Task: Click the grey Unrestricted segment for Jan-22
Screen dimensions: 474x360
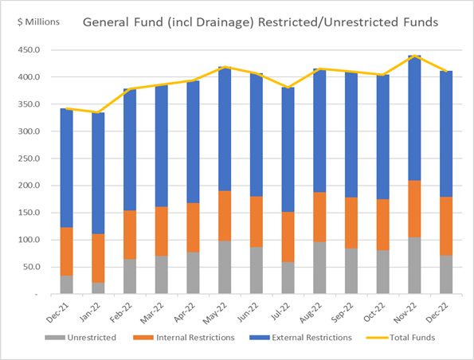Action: pyautogui.click(x=98, y=288)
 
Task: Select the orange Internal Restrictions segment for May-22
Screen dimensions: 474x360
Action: pyautogui.click(x=225, y=216)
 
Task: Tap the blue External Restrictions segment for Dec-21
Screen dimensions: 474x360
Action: pyautogui.click(x=66, y=168)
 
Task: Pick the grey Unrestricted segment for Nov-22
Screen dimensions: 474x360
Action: pyautogui.click(x=414, y=265)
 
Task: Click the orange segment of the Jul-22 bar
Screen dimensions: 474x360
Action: pyautogui.click(x=288, y=237)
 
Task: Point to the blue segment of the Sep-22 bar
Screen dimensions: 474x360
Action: pyautogui.click(x=351, y=135)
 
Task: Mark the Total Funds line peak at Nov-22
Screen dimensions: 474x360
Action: pyautogui.click(x=414, y=56)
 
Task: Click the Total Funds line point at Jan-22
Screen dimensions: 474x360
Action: pyautogui.click(x=98, y=112)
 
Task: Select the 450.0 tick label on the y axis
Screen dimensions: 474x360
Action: pyautogui.click(x=29, y=50)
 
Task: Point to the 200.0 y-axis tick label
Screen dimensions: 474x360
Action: pyautogui.click(x=29, y=186)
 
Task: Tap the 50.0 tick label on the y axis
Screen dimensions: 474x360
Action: pyautogui.click(x=30, y=267)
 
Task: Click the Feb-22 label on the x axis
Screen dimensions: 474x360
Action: pyautogui.click(x=121, y=312)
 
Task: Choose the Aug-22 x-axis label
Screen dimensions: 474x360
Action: pyautogui.click(x=311, y=312)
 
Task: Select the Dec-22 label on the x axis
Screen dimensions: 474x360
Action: pyautogui.click(x=437, y=312)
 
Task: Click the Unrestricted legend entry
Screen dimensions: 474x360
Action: pyautogui.click(x=80, y=338)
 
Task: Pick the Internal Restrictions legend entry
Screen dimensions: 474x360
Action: pyautogui.click(x=184, y=338)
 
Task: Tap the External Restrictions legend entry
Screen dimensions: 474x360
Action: pyautogui.click(x=301, y=338)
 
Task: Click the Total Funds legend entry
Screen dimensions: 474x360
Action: pyautogui.click(x=401, y=338)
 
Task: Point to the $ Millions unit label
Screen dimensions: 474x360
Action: pyautogui.click(x=38, y=22)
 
